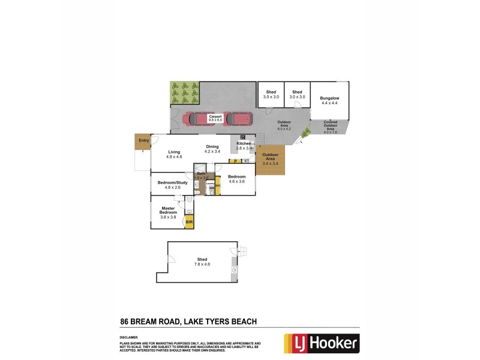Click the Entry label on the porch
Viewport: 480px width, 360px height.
tap(143, 140)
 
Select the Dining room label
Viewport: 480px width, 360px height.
tap(212, 146)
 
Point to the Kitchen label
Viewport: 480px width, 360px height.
tap(243, 144)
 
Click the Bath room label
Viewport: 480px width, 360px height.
tap(200, 173)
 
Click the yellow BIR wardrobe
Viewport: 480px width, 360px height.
tap(189, 222)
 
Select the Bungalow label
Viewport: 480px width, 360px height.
tap(329, 98)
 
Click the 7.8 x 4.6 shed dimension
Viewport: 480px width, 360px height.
tap(201, 265)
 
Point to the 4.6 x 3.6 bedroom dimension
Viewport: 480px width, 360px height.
tap(236, 182)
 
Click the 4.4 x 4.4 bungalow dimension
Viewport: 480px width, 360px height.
tap(329, 103)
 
